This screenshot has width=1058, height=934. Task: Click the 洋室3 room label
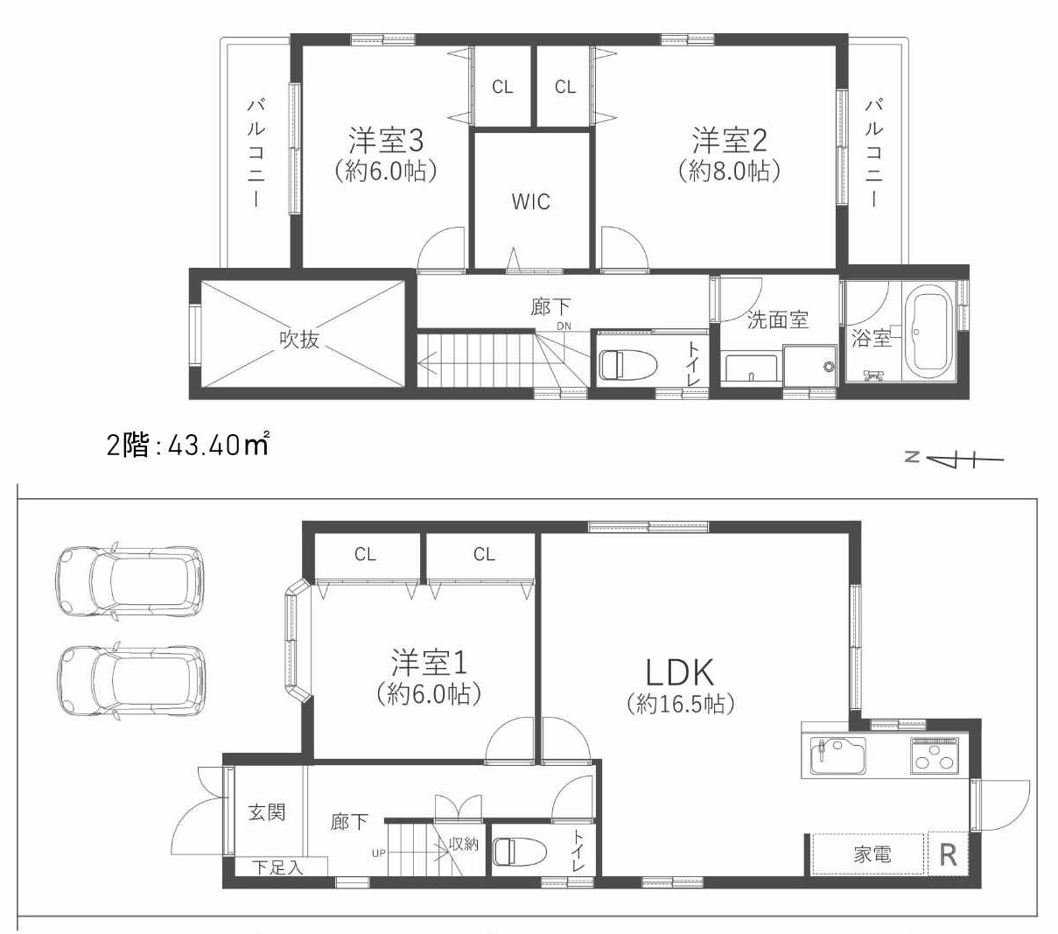(386, 140)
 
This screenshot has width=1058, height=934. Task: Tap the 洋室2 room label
(729, 140)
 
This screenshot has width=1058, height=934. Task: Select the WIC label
(530, 201)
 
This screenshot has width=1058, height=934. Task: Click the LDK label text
(680, 672)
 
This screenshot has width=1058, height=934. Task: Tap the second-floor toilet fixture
(627, 364)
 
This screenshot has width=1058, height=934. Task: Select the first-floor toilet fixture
(519, 851)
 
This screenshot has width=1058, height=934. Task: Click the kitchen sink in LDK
(837, 756)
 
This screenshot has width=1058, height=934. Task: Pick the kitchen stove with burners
(935, 755)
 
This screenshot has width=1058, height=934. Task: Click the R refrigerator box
(948, 853)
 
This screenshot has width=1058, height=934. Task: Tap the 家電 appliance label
(872, 853)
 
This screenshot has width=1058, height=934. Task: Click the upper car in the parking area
(130, 580)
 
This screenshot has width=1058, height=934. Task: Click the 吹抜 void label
(299, 339)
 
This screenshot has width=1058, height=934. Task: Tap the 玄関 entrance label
(266, 811)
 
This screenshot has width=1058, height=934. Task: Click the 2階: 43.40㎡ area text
(187, 445)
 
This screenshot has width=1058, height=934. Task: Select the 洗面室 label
(777, 320)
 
